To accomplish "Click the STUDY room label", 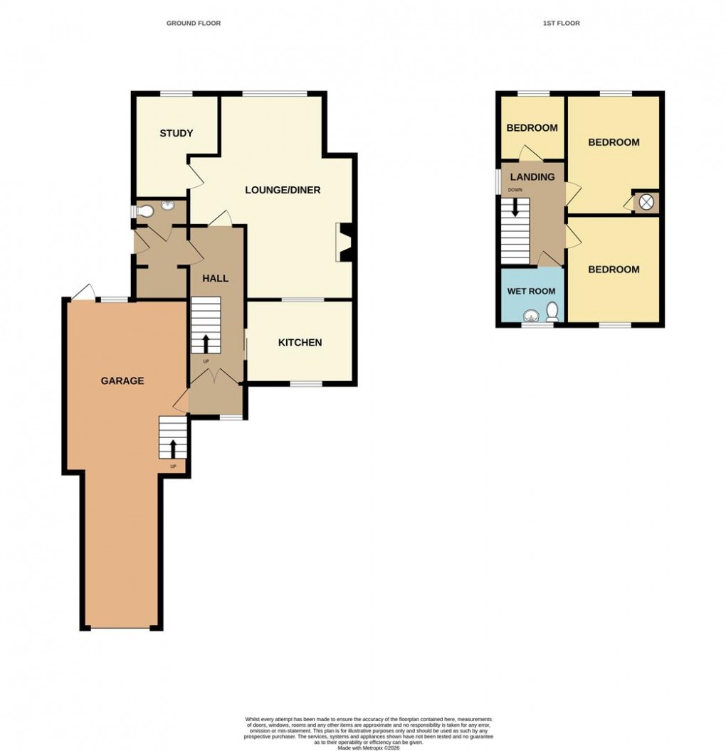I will coord(177,134).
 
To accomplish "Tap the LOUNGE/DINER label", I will coord(283,190).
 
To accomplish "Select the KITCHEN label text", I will coord(300,343).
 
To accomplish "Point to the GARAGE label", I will coord(122,380).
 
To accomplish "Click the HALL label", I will coord(215,278).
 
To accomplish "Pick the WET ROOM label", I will coord(531,291).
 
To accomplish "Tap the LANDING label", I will coord(532,177).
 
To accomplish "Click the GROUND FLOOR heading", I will coord(194,23).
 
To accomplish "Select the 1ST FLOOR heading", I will coord(562,23).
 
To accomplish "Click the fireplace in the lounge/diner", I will coord(344,242).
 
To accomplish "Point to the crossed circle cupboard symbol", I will coord(646,202).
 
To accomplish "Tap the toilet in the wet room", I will coord(552,311).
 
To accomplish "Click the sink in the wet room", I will coord(530,316).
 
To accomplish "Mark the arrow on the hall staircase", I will coord(206,343).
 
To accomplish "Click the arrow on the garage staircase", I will coord(173,448).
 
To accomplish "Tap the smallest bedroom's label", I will coord(531,128).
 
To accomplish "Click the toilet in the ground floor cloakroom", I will coord(146,211).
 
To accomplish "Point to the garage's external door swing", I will coord(83,292).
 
